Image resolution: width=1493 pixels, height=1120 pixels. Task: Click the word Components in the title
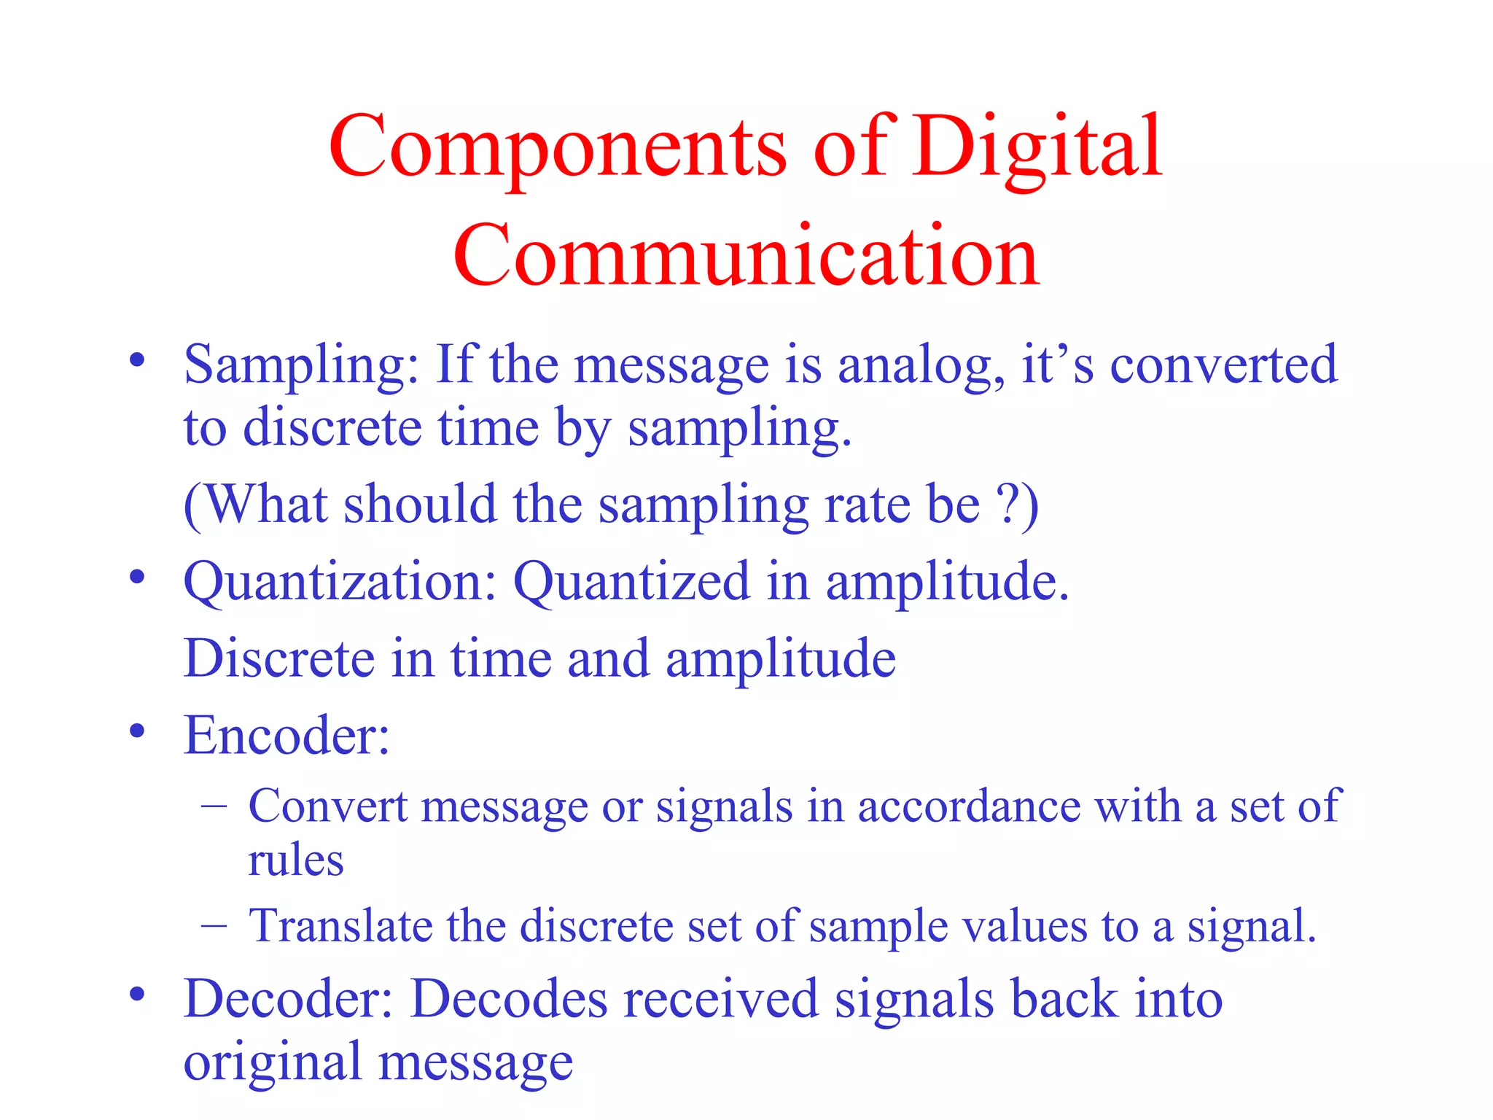[x=558, y=148]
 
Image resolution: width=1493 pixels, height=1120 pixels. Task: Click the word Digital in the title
[x=1037, y=148]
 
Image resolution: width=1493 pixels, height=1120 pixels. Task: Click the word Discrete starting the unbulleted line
[x=278, y=658]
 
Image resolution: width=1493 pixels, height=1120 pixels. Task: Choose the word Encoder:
[x=286, y=735]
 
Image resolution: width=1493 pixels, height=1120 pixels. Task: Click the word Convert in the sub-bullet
[x=327, y=806]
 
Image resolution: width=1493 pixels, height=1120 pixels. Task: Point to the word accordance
[x=969, y=806]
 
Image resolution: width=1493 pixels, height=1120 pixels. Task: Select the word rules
[x=295, y=860]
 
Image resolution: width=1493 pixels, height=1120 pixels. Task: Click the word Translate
[x=340, y=926]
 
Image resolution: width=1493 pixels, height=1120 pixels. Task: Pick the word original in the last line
[x=271, y=1063]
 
